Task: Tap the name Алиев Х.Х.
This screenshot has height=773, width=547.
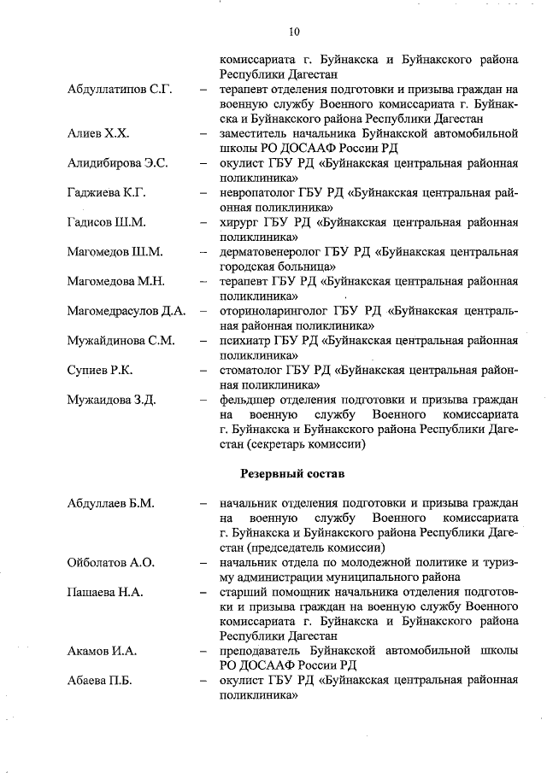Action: point(98,134)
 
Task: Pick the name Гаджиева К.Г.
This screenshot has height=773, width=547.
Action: point(107,193)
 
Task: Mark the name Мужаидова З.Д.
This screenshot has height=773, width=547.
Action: point(111,400)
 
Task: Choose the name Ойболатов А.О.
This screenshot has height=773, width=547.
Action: point(111,562)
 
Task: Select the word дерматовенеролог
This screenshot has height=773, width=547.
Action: point(271,252)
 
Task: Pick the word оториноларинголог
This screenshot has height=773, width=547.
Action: point(274,311)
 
